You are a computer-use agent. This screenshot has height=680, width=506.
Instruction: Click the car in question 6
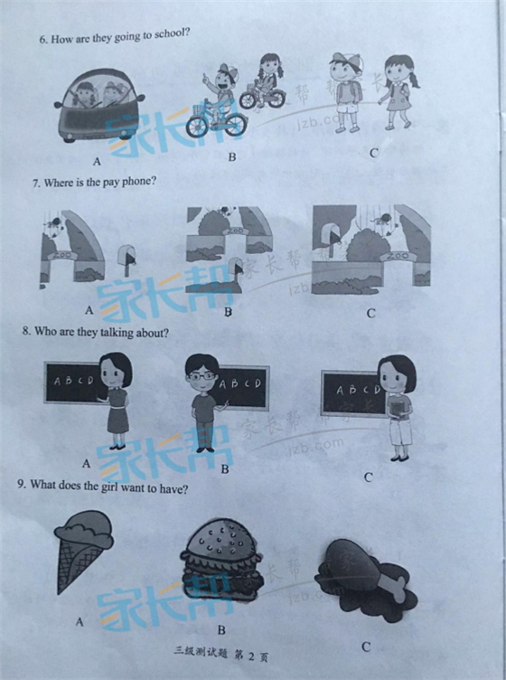pos(99,105)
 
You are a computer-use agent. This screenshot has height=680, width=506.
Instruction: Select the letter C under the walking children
pos(373,153)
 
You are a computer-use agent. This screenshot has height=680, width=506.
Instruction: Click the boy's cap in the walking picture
pos(346,61)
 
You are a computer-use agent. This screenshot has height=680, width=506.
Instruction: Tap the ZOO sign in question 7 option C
pos(398,256)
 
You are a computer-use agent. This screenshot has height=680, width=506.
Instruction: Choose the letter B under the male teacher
pos(224,468)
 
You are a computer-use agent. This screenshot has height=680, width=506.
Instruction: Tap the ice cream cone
pos(82,551)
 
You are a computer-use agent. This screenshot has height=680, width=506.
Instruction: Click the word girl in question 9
pos(110,487)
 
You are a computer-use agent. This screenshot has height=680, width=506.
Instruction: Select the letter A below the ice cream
pos(80,621)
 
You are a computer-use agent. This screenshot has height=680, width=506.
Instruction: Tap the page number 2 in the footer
pos(251,656)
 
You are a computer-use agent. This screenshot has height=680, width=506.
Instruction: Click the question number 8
pos(27,331)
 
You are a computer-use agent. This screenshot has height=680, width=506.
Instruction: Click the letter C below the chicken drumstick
pos(366,647)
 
